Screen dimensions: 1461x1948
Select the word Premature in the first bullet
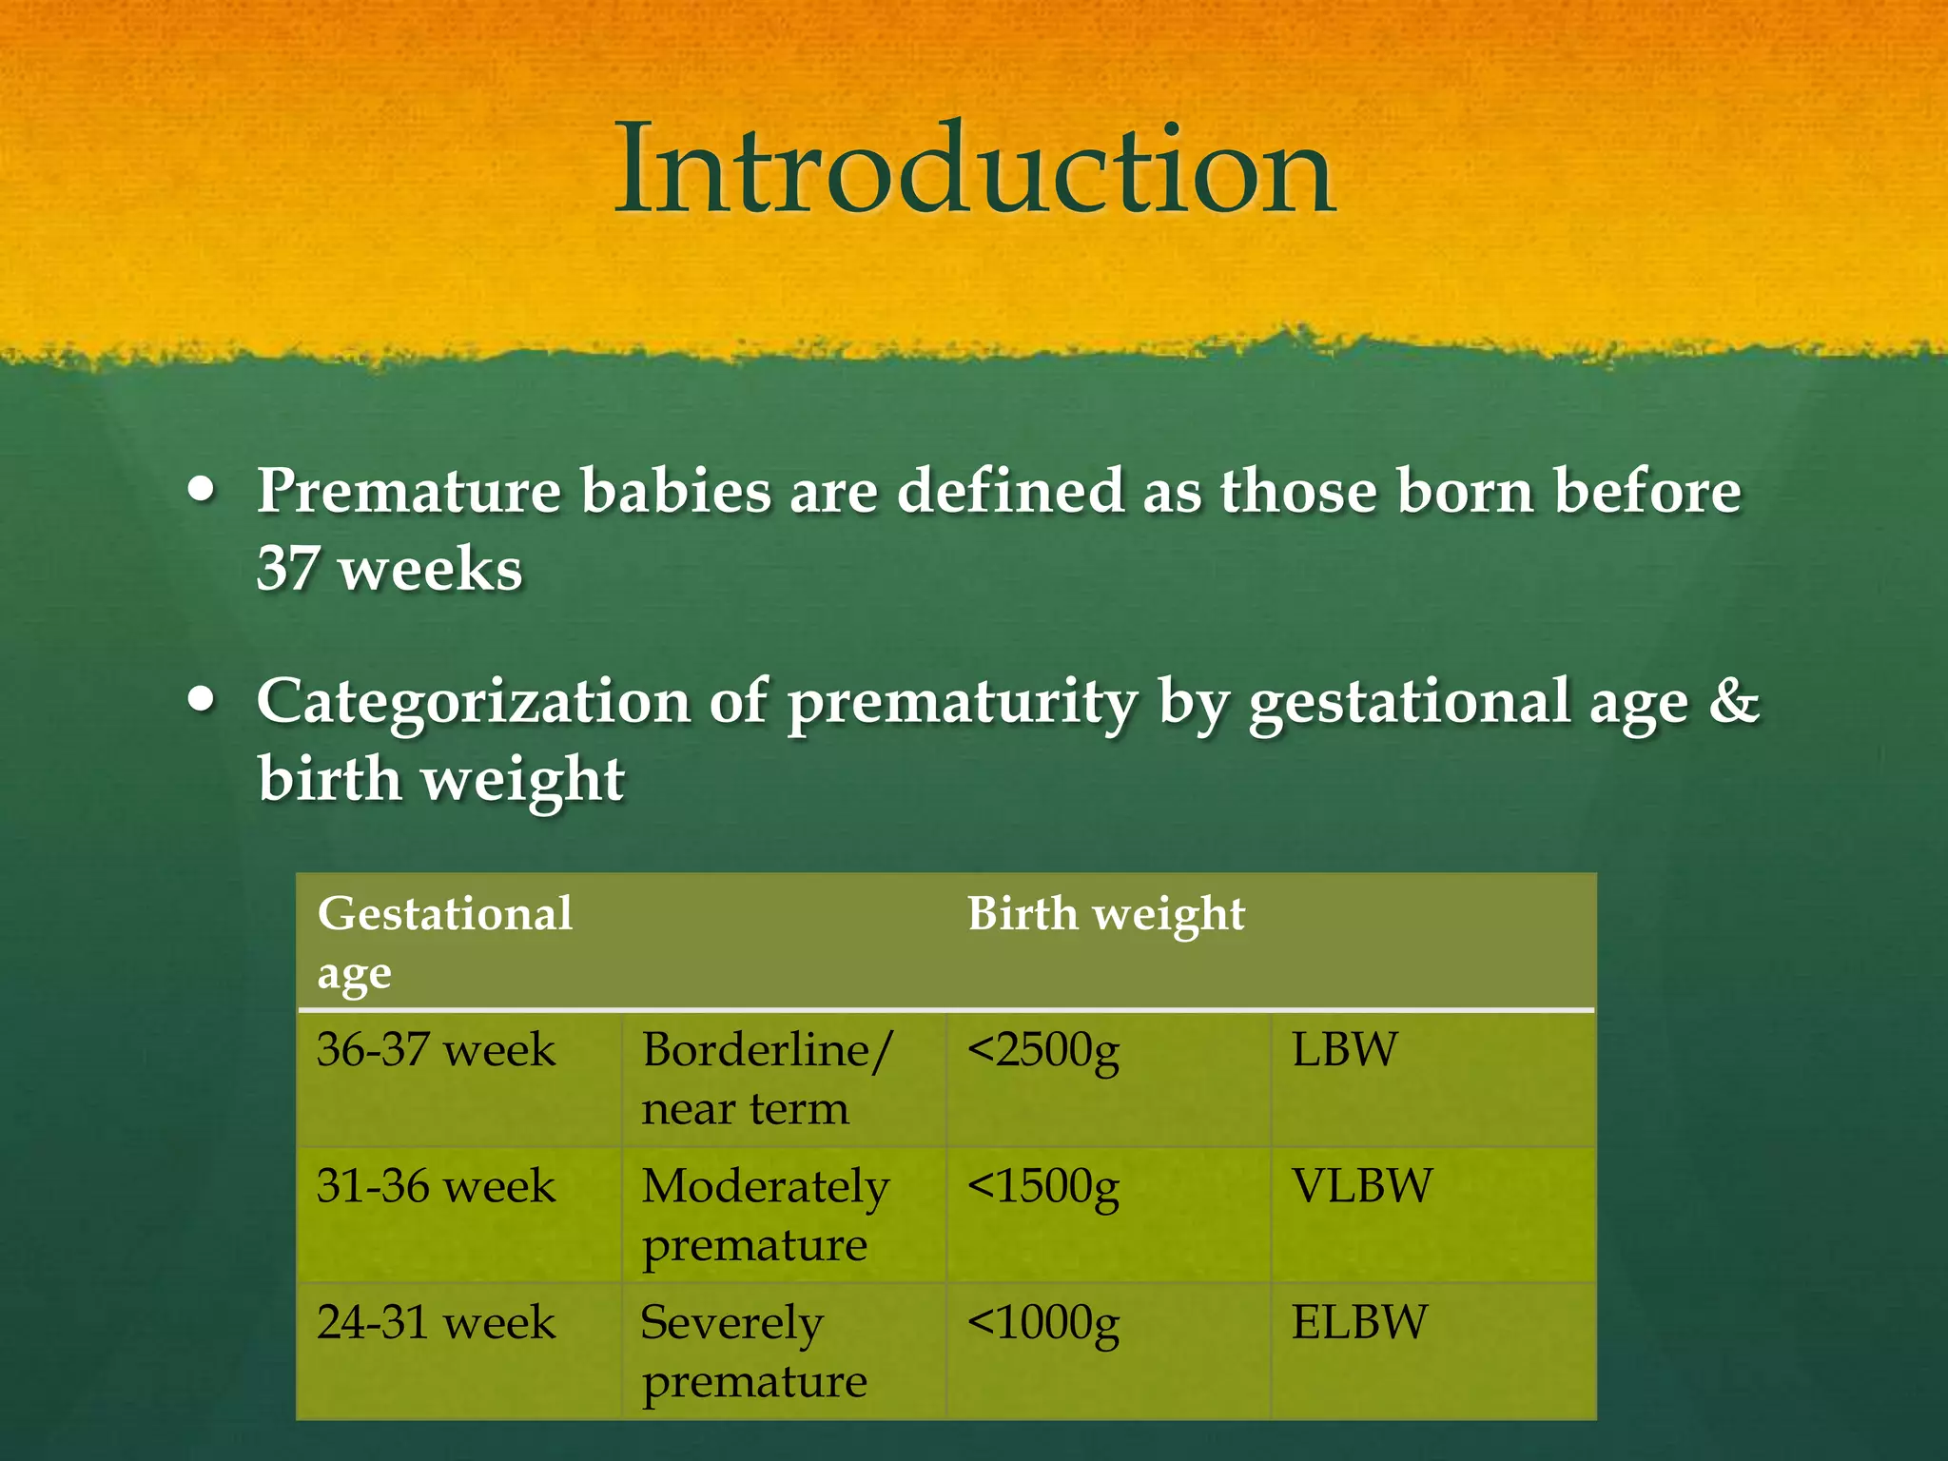(409, 493)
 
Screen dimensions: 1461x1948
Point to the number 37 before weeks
(287, 569)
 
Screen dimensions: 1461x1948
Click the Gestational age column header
(445, 942)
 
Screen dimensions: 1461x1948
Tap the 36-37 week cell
(436, 1050)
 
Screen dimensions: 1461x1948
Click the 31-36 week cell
(436, 1186)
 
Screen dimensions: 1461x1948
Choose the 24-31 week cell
(436, 1322)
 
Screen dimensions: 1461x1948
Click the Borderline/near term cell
(766, 1079)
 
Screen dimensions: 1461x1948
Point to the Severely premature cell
(753, 1351)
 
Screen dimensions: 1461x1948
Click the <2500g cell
(1043, 1051)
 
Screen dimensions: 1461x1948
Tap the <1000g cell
(1043, 1323)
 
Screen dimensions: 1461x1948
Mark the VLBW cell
(1361, 1186)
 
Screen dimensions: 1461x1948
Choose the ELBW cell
(1359, 1322)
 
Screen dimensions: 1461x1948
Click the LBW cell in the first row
(1344, 1050)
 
